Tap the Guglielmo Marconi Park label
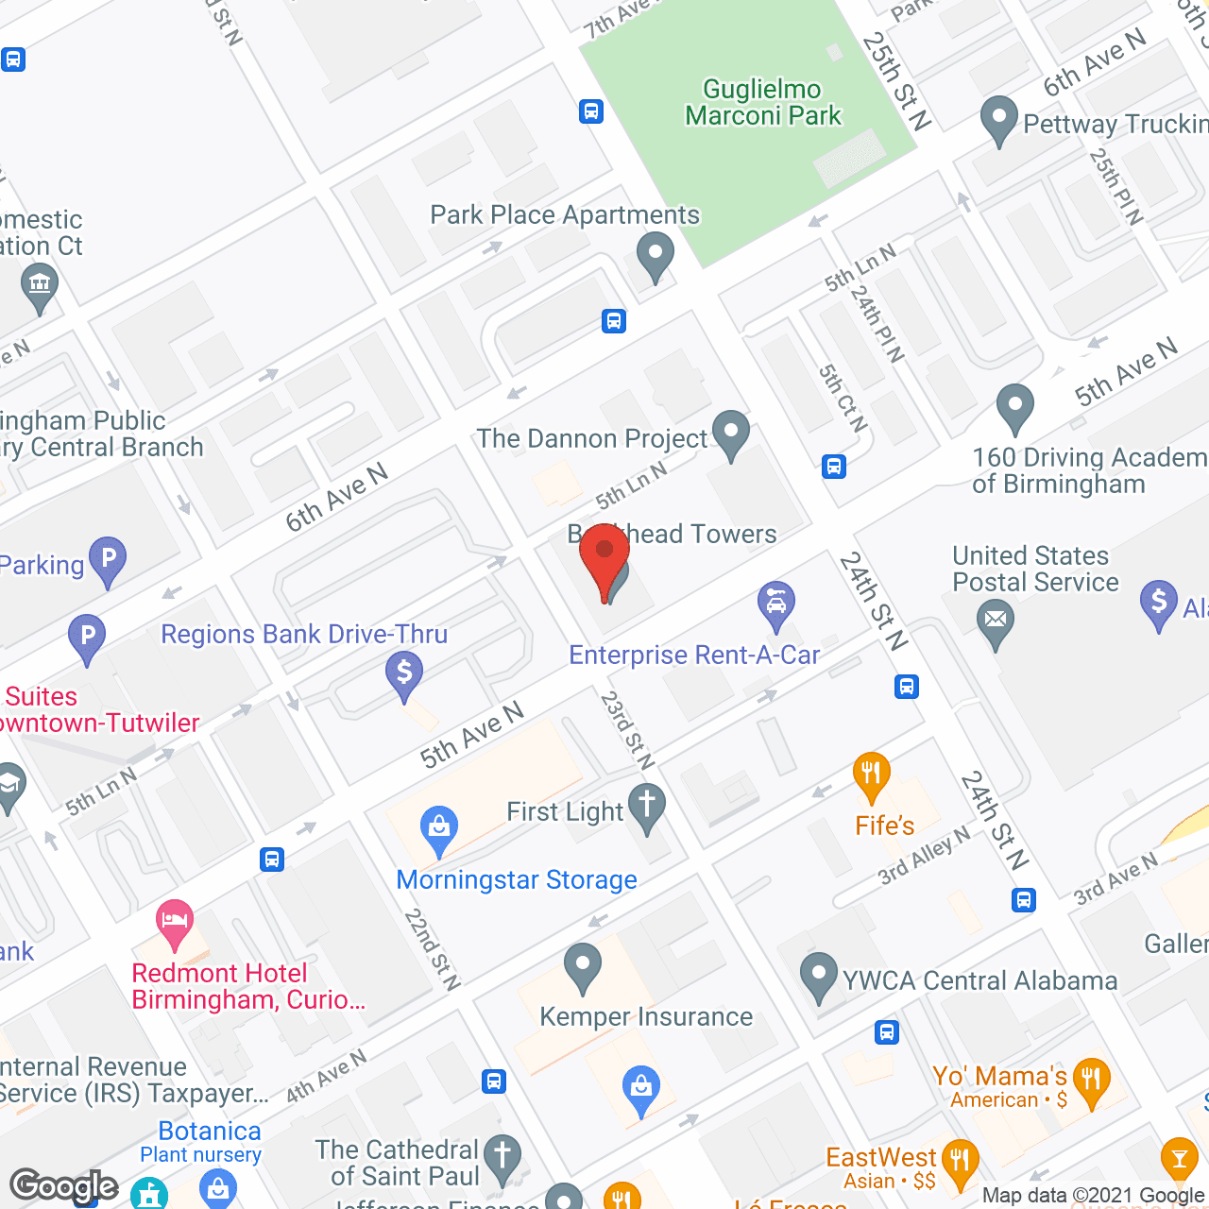[762, 103]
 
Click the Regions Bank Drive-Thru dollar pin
[404, 674]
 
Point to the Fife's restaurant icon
[871, 776]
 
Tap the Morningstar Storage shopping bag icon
[438, 828]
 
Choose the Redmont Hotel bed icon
[175, 922]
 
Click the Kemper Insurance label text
[646, 1016]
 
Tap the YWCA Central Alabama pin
[818, 976]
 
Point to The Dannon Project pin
[730, 433]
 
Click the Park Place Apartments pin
[655, 255]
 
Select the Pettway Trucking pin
[998, 119]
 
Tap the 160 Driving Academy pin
[1015, 406]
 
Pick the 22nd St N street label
[432, 949]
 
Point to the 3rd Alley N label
[924, 855]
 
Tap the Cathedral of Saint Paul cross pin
[502, 1156]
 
